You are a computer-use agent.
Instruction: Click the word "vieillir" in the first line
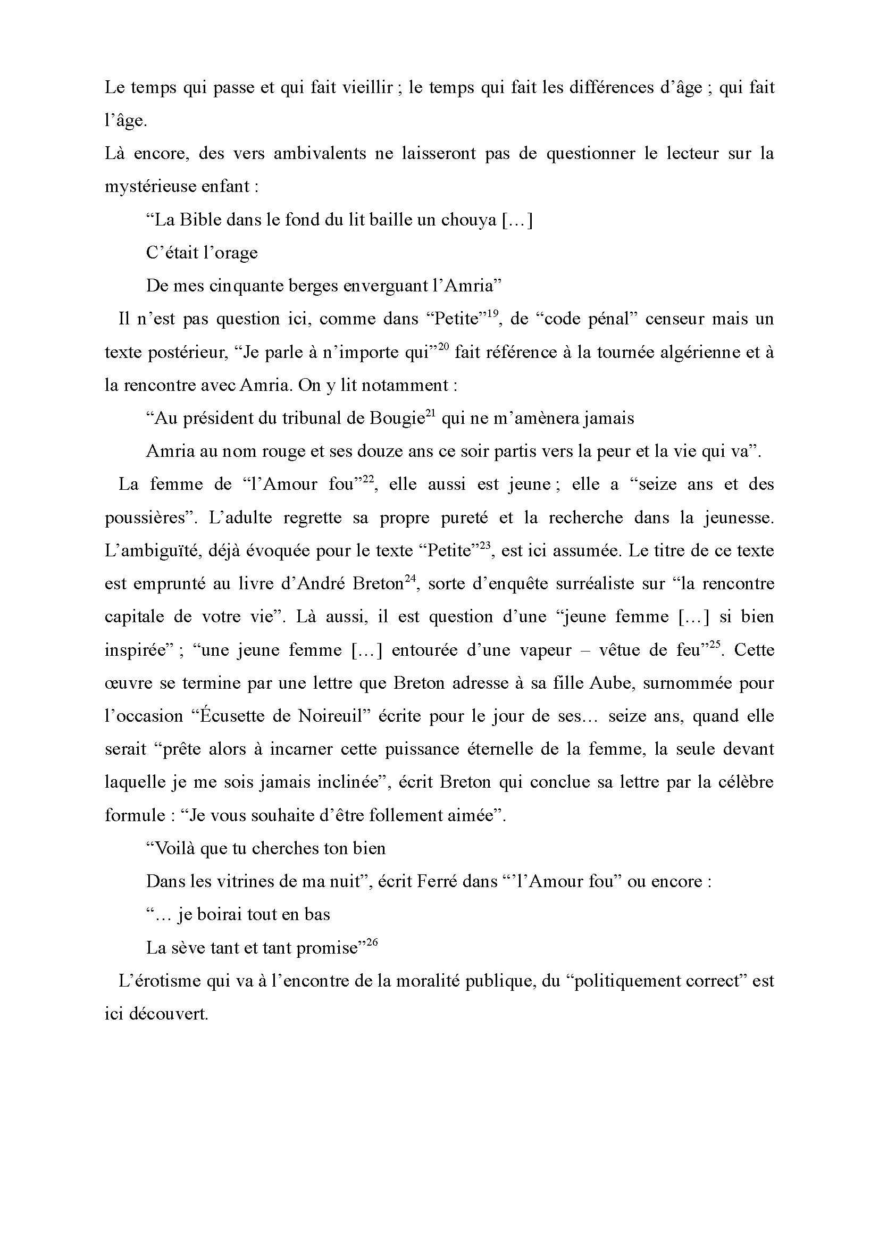368,87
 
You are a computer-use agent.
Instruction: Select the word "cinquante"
237,286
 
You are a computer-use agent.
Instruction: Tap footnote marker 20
443,347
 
